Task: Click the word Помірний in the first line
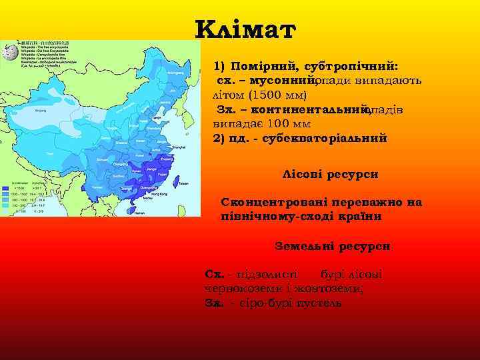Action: (265, 67)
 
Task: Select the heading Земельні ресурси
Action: (332, 246)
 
